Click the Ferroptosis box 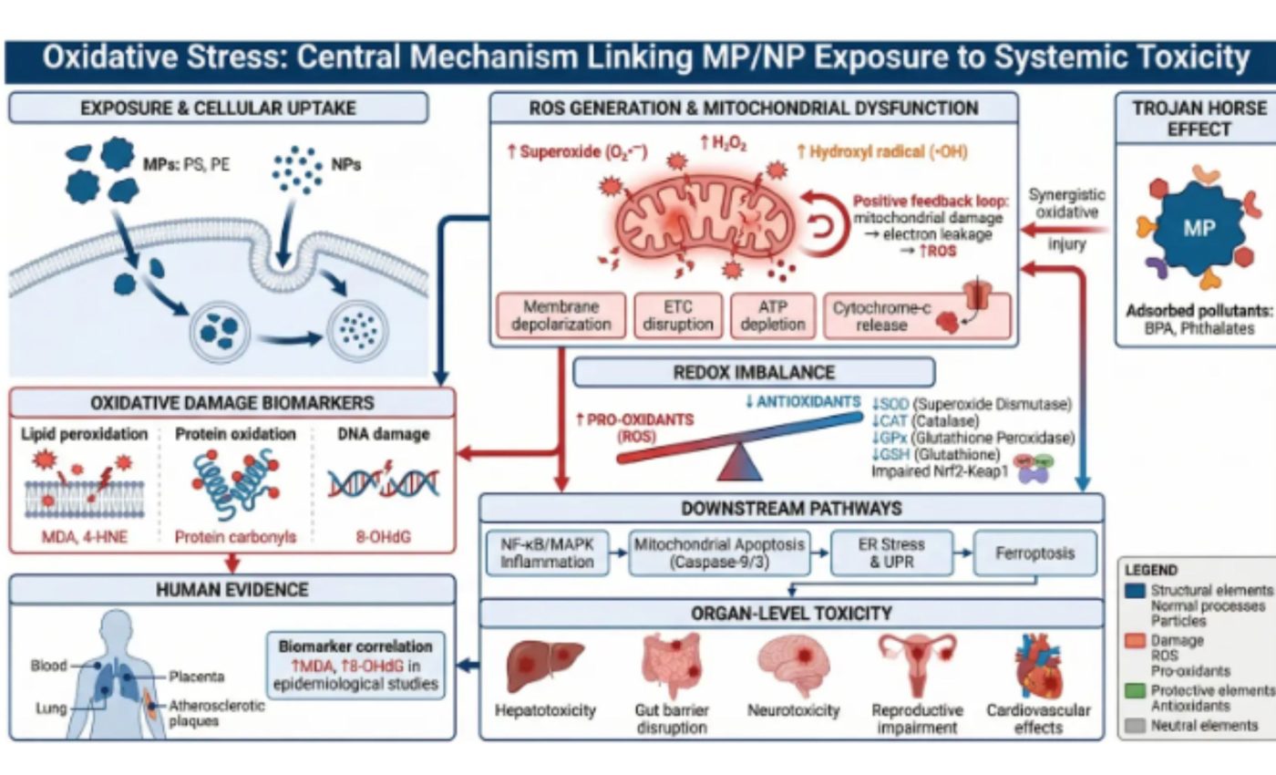pos(1035,553)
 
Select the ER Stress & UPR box pos(891,553)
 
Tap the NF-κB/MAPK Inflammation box pos(548,553)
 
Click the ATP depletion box pos(773,315)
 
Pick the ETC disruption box pos(678,315)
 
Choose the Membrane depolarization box pos(561,315)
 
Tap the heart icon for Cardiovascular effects pos(1038,666)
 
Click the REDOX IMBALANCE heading pos(754,373)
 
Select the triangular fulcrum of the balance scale pos(739,462)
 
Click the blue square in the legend pos(1135,591)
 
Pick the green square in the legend pos(1135,691)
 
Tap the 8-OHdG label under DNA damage pos(383,537)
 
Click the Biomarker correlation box pos(355,665)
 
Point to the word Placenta pos(197,677)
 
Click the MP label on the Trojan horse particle pos(1199,229)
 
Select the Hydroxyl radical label pos(882,152)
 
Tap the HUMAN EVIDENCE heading pos(232,590)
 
